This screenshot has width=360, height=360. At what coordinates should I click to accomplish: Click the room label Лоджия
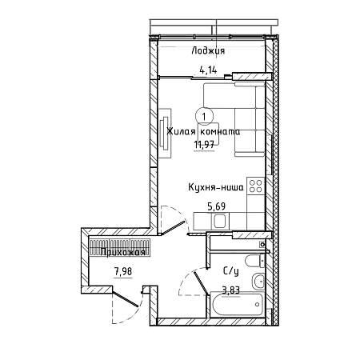tap(208, 50)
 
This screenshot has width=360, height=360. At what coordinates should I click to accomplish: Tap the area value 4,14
tap(208, 70)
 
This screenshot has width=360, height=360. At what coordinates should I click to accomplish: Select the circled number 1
tap(204, 117)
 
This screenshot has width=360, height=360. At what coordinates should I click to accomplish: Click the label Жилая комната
tap(203, 131)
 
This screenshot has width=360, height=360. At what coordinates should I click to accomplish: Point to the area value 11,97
tap(204, 145)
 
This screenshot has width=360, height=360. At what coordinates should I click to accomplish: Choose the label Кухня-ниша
tap(216, 187)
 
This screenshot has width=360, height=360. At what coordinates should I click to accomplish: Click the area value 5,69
tap(217, 206)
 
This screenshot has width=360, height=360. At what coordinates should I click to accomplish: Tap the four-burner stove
tap(256, 186)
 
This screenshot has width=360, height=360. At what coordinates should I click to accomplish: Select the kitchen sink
tap(220, 221)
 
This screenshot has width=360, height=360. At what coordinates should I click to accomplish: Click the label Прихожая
tap(123, 252)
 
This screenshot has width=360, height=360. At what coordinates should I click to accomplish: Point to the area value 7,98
tap(123, 272)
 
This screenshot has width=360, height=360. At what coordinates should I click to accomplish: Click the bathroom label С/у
tap(230, 271)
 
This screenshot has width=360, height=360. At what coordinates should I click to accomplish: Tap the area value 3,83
tap(231, 290)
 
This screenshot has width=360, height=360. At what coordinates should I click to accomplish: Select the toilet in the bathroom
tap(255, 261)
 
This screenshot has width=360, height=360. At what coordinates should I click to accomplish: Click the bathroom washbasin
tap(258, 281)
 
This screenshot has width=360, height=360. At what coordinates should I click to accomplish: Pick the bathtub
tap(238, 305)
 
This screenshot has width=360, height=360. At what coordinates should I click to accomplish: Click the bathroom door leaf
tap(201, 283)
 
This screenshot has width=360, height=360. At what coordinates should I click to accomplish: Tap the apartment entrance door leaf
tap(126, 299)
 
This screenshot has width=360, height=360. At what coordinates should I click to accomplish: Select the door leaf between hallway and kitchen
tap(173, 228)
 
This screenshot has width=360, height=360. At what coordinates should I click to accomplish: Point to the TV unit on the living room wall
tap(165, 133)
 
